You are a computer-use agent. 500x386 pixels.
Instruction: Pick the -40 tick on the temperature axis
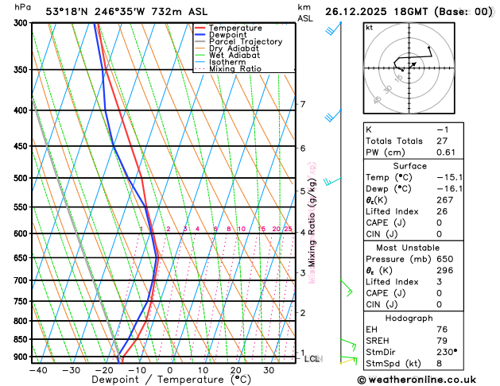click(37, 370)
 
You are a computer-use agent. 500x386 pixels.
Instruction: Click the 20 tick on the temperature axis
click(235, 370)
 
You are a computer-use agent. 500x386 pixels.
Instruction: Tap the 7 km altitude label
click(302, 104)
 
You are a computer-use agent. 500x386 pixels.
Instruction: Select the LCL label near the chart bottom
click(312, 359)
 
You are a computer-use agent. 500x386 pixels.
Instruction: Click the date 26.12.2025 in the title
click(362, 11)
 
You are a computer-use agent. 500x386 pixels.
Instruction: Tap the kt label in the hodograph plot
click(369, 27)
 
